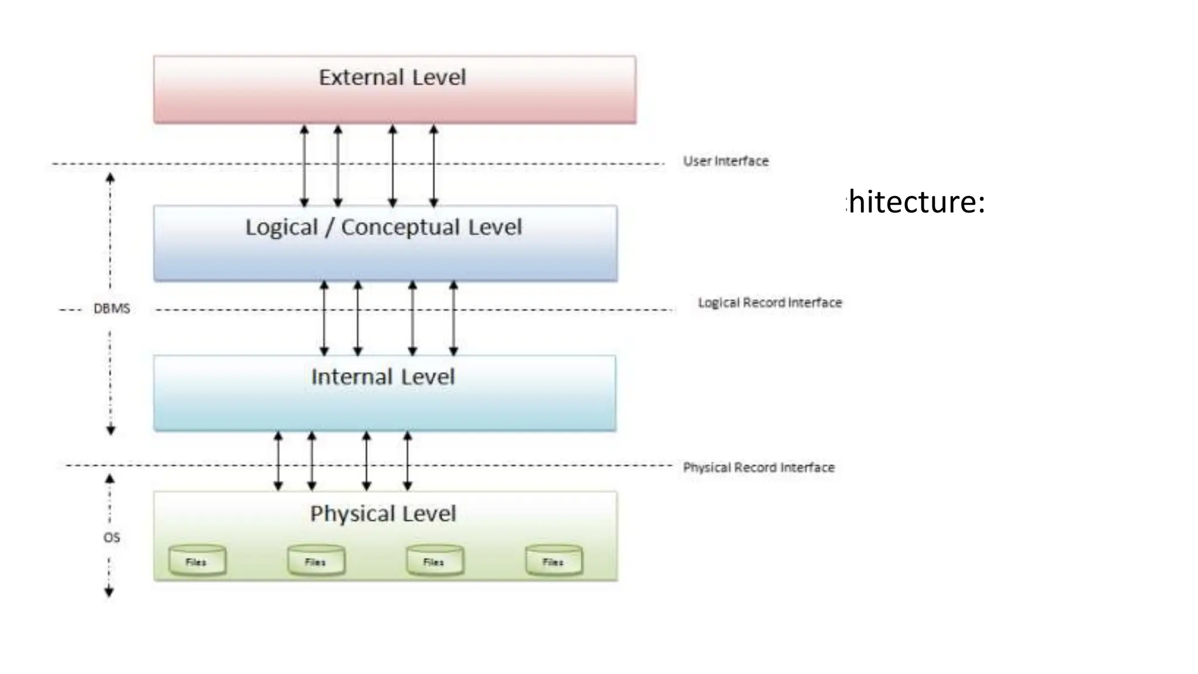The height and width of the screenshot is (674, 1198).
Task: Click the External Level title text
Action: coord(392,77)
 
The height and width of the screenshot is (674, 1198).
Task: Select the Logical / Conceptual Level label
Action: coord(383,227)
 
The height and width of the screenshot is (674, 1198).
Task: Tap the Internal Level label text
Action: coord(383,377)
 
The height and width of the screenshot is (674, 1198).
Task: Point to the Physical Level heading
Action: coord(383,514)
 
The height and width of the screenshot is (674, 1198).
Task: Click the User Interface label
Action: coord(725,161)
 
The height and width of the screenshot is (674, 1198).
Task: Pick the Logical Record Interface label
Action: coord(769,302)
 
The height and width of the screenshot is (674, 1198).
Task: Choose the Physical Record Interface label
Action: coord(758,467)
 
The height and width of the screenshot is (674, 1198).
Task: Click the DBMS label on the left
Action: coord(112,308)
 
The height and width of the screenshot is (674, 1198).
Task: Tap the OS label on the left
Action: coord(111,537)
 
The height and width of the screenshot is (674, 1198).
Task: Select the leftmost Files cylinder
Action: coord(197,560)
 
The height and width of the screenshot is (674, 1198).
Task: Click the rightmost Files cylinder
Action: coord(553,560)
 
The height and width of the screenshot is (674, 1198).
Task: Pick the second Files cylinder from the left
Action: coord(316,560)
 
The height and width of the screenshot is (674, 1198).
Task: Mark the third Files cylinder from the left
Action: coord(435,560)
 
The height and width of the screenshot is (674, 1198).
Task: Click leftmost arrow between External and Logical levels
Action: coord(304,166)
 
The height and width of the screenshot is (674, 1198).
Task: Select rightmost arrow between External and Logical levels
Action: coord(433,166)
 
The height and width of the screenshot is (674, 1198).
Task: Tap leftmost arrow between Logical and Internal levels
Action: coord(324,318)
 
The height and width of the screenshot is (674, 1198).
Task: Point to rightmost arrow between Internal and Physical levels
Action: coord(408,461)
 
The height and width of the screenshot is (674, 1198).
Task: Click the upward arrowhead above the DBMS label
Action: coord(110,178)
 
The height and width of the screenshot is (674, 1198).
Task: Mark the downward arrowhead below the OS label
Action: coord(109,592)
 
